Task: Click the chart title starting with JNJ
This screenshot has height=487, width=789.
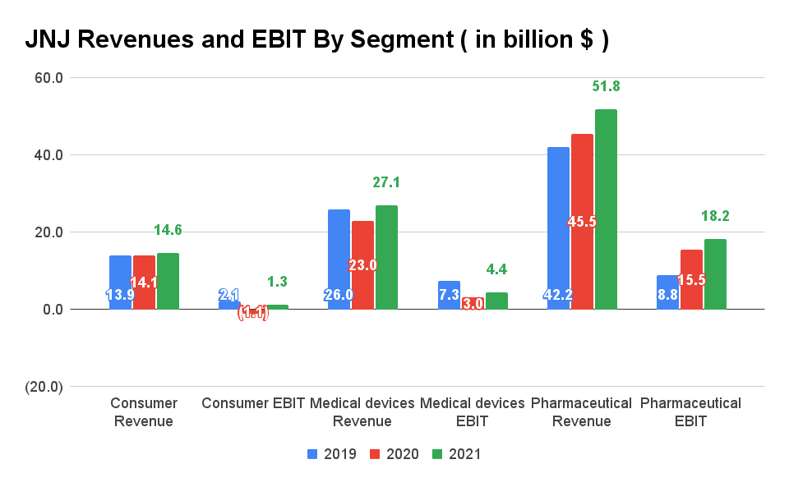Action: [x=316, y=40]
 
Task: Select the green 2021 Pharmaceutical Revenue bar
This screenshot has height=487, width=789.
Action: [x=606, y=209]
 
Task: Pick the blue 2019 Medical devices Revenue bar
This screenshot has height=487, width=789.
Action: [x=339, y=260]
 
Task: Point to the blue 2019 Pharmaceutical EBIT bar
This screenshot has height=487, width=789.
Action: [x=667, y=292]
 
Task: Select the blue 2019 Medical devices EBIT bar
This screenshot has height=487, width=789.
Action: [x=449, y=295]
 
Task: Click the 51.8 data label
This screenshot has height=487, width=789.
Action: [x=606, y=86]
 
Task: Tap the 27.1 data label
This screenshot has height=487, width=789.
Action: [x=386, y=182]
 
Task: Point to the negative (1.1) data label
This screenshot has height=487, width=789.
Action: [x=253, y=313]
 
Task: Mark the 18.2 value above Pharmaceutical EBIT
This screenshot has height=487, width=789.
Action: [x=715, y=217]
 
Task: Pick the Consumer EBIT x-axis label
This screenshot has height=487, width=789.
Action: [x=253, y=403]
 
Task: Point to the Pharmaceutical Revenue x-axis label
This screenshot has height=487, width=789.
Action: [x=581, y=412]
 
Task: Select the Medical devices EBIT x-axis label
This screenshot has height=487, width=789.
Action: [x=472, y=412]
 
